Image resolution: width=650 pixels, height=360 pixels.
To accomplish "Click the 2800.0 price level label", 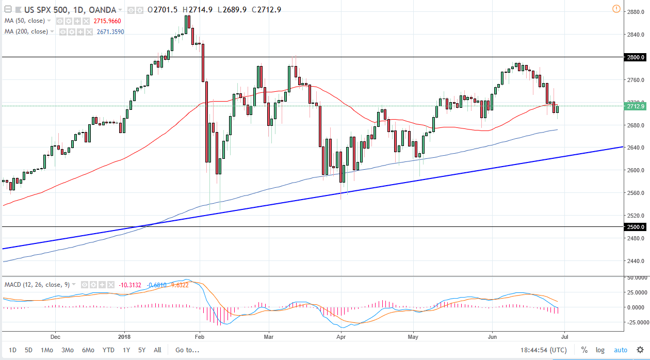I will pyautogui.click(x=633, y=57).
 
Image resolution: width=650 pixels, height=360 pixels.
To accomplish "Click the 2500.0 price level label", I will pyautogui.click(x=633, y=227).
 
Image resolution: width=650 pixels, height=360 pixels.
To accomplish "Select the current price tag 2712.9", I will pyautogui.click(x=633, y=106).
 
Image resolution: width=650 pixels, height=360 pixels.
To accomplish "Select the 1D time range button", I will pyautogui.click(x=12, y=350).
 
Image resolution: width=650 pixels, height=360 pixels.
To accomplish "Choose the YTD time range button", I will pyautogui.click(x=108, y=350).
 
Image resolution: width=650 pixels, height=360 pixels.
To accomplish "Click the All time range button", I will pyautogui.click(x=157, y=350).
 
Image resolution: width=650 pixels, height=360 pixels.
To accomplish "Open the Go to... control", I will pyautogui.click(x=187, y=350).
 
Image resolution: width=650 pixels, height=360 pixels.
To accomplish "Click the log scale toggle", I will pyautogui.click(x=600, y=350).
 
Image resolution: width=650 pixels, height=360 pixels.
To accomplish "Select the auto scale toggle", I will pyautogui.click(x=621, y=350).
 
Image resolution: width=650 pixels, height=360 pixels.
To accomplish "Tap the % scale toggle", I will pyautogui.click(x=584, y=350).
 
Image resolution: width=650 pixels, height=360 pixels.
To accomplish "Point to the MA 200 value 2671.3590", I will pyautogui.click(x=110, y=31).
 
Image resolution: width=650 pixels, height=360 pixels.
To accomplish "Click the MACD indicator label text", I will pyautogui.click(x=37, y=285).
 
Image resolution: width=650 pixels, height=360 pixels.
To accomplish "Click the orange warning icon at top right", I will pyautogui.click(x=616, y=9).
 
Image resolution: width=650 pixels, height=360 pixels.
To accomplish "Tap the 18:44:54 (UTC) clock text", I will pyautogui.click(x=543, y=350).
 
